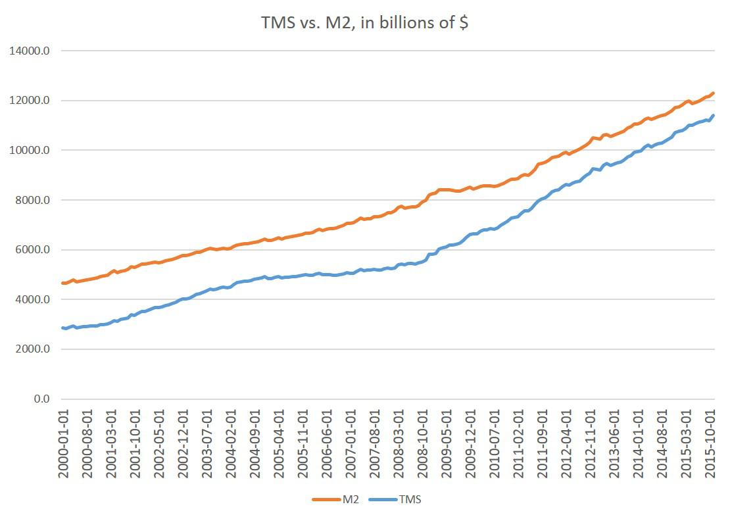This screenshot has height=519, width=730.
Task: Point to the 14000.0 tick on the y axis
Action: tap(28, 51)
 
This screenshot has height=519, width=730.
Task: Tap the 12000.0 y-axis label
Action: tap(28, 101)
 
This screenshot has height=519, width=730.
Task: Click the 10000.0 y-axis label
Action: tap(28, 151)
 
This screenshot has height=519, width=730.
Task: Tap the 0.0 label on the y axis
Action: tap(37, 399)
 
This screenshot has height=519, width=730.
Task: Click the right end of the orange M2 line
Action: tap(714, 93)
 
